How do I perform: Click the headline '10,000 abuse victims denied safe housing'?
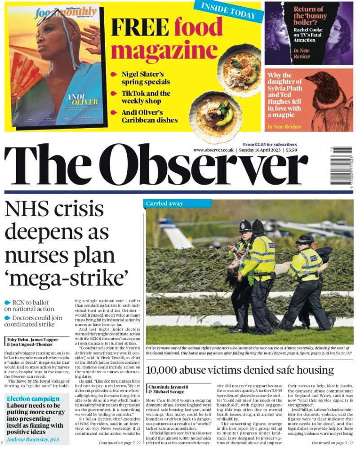coord(240,370)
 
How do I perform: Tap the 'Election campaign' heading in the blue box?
coord(33,398)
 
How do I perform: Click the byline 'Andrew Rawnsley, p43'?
coord(32,439)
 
